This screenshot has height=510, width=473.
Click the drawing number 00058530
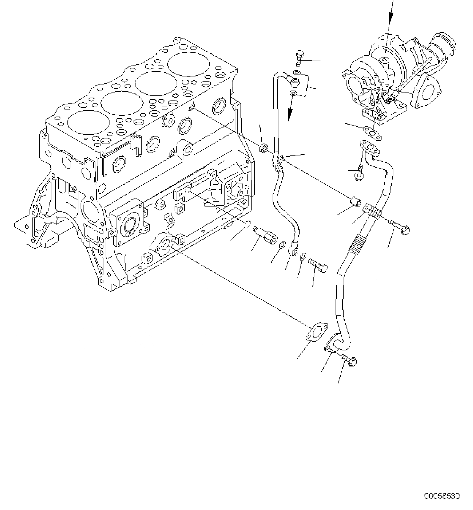[x=442, y=496]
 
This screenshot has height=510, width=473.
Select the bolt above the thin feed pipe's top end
[x=300, y=58]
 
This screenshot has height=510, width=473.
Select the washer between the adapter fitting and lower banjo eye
[x=282, y=245]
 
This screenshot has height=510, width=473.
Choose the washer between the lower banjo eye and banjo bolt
[x=303, y=257]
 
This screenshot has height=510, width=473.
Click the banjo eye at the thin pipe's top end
[x=294, y=83]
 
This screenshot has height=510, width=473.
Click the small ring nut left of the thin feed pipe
[x=264, y=148]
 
